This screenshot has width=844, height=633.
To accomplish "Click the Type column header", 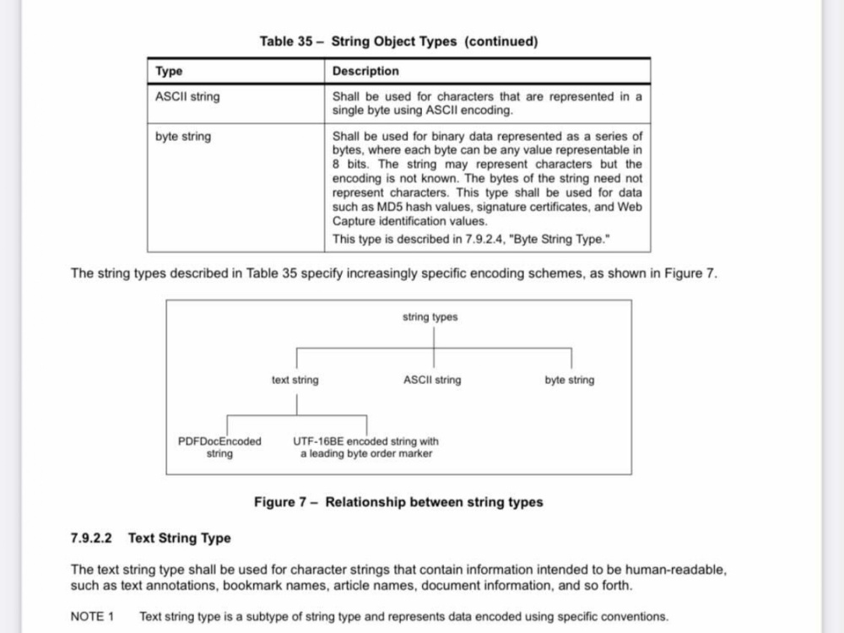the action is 169,71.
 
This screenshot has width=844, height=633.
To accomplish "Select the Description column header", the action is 365,71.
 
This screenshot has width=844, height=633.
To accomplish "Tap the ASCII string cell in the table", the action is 187,97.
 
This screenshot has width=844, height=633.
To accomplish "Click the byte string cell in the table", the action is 183,137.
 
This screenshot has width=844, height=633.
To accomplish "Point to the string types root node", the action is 430,317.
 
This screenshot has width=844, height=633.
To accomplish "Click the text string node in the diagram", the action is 295,380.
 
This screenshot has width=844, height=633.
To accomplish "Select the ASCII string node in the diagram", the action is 432,380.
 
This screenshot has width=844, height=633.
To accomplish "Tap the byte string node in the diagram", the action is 570,380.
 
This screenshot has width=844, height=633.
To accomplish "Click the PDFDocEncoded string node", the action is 219,447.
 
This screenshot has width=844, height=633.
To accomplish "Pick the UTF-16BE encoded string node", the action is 366,447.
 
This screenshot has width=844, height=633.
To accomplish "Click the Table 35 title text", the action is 399,41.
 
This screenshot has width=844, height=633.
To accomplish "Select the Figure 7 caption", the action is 399,502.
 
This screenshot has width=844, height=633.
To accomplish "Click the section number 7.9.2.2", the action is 91,538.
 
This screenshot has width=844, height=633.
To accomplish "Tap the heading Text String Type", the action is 180,538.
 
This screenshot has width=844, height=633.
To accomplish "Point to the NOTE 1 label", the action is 92,617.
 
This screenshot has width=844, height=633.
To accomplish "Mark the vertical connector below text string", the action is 296,405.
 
